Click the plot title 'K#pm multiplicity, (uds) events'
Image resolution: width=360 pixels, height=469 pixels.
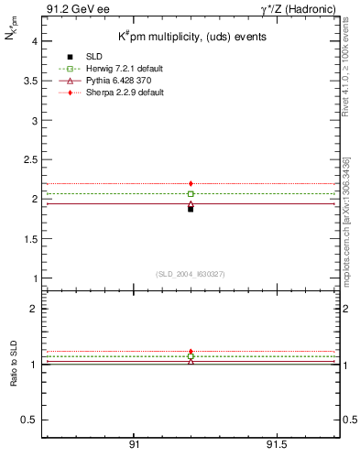coord(190,37)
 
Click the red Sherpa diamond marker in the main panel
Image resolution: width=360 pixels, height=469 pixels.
coord(191,184)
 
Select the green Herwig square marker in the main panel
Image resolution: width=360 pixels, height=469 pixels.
coord(191,194)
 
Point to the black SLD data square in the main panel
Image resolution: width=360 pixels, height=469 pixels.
coord(191,209)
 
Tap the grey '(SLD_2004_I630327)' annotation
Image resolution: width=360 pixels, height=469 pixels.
coord(191,274)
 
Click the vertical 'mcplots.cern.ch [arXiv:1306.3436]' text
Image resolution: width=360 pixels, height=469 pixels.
coord(352,220)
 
